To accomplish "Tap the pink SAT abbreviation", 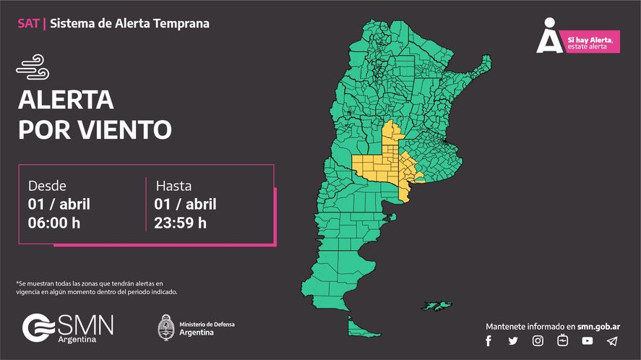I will [x=28, y=24].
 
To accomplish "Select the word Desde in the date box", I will [x=47, y=186].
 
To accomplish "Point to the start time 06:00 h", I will [x=54, y=223].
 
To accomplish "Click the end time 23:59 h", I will [x=181, y=223].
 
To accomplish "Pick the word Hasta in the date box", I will [x=173, y=186].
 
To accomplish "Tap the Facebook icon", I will [x=489, y=341].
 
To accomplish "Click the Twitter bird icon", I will [x=513, y=341].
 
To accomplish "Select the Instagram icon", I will [x=538, y=341].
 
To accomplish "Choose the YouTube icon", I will [x=587, y=341].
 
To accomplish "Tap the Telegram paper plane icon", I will [x=612, y=341].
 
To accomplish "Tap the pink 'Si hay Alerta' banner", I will [x=590, y=43].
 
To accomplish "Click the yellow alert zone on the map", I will [x=383, y=166].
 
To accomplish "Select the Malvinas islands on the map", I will [x=436, y=305].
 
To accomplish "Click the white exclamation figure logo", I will [x=548, y=37].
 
